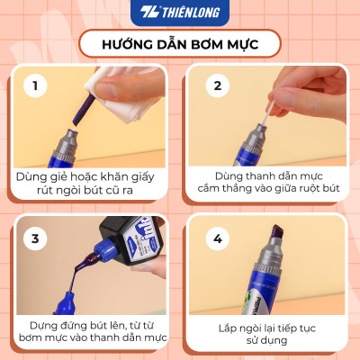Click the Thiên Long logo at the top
[179, 13]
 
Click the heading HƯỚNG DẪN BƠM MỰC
[179, 43]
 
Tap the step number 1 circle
[36, 85]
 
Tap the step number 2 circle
[217, 85]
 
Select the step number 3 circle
[36, 238]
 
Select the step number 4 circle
[217, 238]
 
